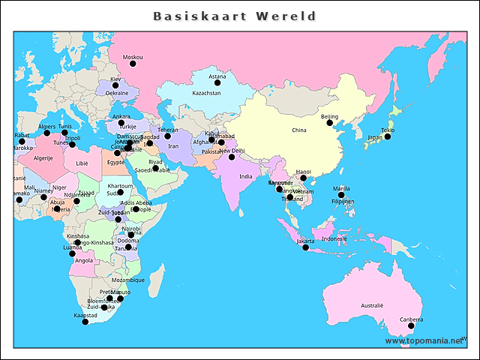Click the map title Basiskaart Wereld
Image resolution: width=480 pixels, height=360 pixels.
click(235, 16)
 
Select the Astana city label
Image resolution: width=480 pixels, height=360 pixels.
click(217, 76)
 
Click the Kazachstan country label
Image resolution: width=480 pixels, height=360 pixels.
click(207, 93)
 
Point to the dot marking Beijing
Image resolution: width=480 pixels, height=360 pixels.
click(335, 124)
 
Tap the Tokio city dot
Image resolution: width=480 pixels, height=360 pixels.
click(388, 136)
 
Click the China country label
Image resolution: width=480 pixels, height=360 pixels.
click(299, 130)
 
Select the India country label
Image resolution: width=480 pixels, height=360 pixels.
click(246, 176)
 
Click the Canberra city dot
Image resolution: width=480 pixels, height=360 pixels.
click(411, 325)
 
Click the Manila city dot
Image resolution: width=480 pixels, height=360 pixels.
click(341, 195)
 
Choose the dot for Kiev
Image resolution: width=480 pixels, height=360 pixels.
click(115, 85)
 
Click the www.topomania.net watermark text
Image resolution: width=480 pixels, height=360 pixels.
click(424, 340)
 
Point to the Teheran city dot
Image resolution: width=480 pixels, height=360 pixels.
click(168, 136)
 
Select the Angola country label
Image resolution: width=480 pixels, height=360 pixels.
click(84, 260)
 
